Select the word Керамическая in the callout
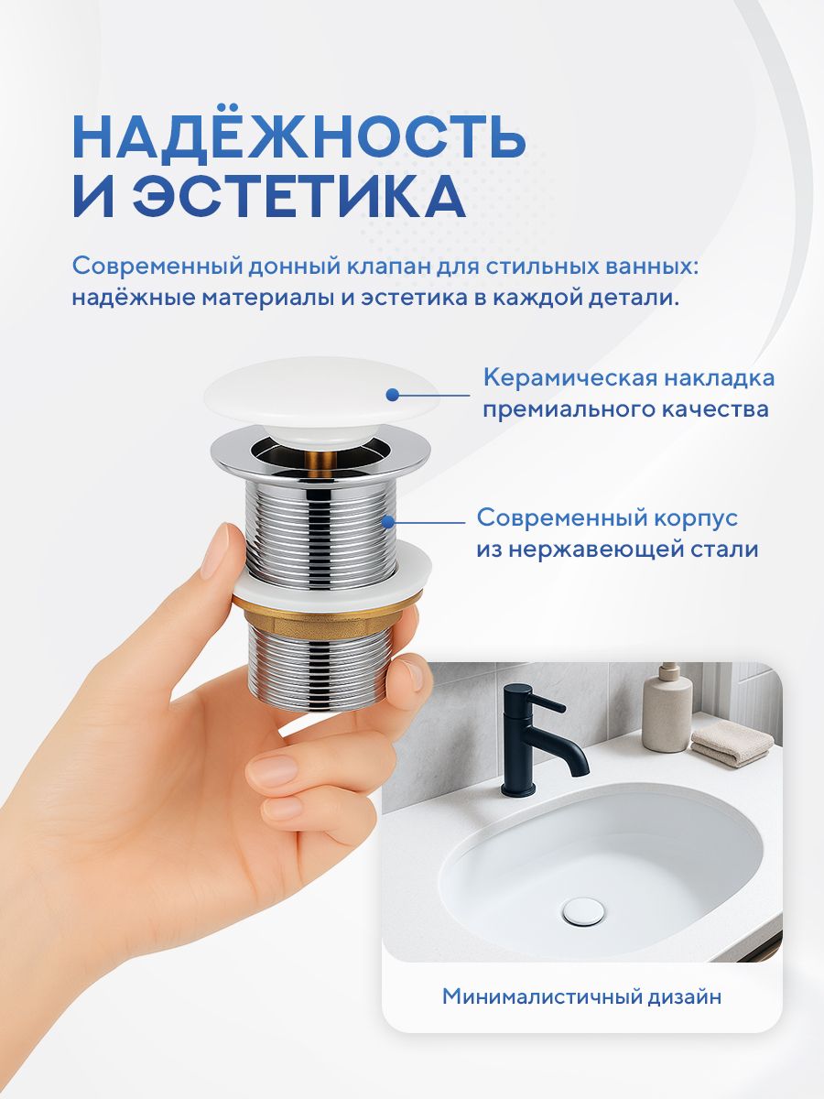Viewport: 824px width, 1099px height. coord(569,379)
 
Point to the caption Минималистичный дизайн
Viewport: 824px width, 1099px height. coord(582,996)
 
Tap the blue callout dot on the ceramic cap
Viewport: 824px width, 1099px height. coord(392,395)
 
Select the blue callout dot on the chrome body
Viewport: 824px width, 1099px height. coord(387,523)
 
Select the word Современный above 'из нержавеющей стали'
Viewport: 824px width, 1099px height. coord(551,518)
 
